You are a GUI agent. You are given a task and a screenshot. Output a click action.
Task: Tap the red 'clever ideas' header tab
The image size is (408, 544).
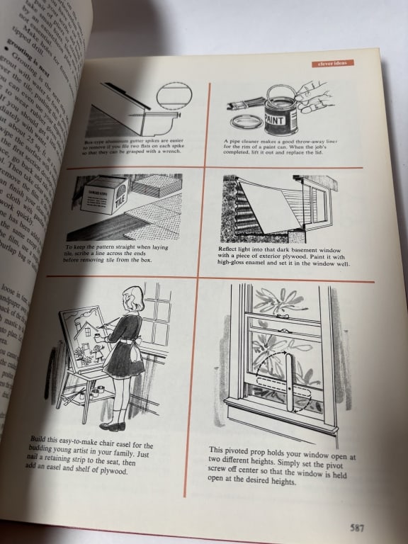[331, 63]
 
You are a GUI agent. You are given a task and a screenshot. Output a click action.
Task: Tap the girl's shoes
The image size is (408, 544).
[113, 426]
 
